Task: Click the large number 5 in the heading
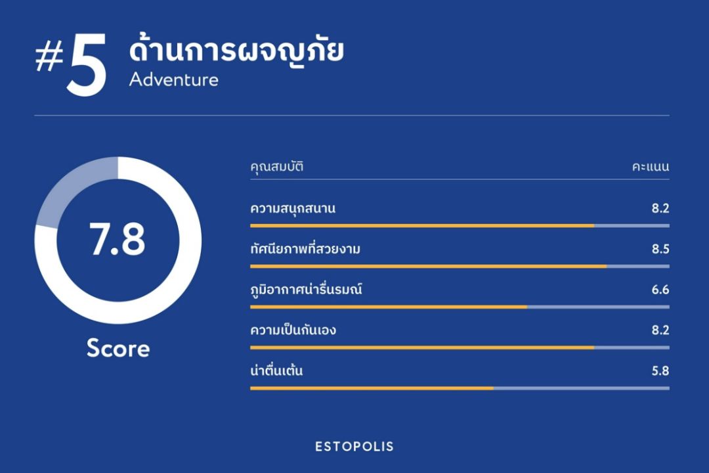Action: click(x=87, y=65)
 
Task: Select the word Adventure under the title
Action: click(x=173, y=79)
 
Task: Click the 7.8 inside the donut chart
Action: click(x=118, y=239)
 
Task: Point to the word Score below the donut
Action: click(x=118, y=349)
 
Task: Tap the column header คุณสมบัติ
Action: click(x=277, y=167)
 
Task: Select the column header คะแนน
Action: click(x=651, y=167)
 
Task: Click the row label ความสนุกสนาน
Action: click(x=293, y=209)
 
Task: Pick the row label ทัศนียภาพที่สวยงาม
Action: click(x=305, y=249)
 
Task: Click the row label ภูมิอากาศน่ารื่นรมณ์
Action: click(x=306, y=289)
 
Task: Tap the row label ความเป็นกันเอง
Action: click(x=293, y=330)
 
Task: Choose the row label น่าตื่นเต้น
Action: click(x=276, y=371)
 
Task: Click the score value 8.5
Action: click(x=660, y=249)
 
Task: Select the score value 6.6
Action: click(x=660, y=290)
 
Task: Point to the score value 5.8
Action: click(x=660, y=371)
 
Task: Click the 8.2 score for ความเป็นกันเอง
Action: click(x=660, y=330)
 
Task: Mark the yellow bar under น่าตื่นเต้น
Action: click(x=372, y=388)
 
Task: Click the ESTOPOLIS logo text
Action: click(x=354, y=447)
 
